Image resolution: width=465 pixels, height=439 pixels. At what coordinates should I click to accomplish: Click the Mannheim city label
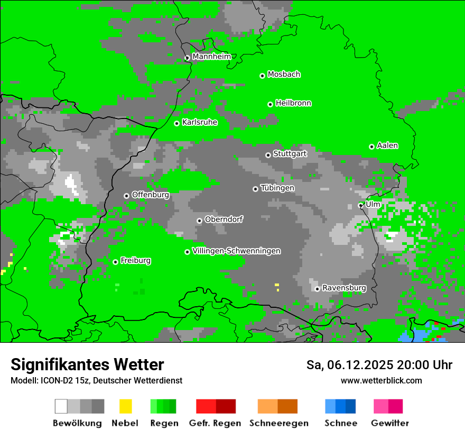click(211, 57)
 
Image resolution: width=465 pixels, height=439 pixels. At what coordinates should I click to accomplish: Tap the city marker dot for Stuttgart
click(268, 155)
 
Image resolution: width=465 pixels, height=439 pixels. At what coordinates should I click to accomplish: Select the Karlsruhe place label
click(199, 122)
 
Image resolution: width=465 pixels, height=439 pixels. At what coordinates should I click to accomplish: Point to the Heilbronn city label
click(293, 103)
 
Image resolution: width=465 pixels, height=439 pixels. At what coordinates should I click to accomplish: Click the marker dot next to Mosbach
click(262, 76)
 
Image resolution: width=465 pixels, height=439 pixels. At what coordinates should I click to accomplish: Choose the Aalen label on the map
click(387, 145)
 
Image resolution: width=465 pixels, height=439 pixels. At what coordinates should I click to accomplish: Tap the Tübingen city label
click(277, 188)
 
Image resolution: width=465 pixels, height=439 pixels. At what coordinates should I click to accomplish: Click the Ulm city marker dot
click(361, 205)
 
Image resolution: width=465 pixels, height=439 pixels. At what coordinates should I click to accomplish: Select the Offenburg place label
click(150, 195)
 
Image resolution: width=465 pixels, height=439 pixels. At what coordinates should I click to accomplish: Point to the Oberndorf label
click(224, 219)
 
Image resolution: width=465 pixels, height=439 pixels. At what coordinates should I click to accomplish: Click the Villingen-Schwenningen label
click(236, 251)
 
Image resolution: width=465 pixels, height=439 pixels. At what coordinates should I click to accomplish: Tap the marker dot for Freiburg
click(115, 262)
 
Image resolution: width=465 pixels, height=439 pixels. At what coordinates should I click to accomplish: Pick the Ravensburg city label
click(344, 288)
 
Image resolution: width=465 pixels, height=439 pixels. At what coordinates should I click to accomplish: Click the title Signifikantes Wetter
click(87, 364)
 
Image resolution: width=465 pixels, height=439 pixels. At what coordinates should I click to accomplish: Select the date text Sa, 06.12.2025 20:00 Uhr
click(379, 365)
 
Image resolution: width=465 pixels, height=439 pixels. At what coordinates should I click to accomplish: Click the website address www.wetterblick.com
click(381, 381)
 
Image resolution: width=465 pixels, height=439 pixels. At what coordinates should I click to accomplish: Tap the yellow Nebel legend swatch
click(125, 406)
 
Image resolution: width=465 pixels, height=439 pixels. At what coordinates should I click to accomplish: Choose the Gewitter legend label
click(389, 423)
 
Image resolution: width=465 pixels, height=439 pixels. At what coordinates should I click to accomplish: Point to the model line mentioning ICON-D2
click(96, 381)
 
